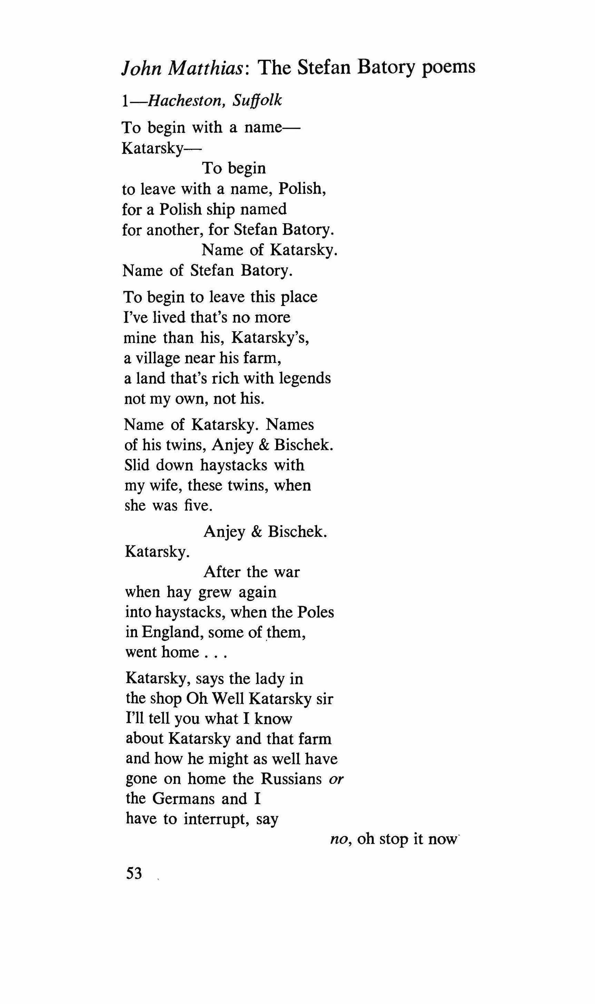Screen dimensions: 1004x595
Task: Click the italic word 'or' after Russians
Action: point(336,779)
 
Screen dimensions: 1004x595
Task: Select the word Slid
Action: point(137,465)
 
